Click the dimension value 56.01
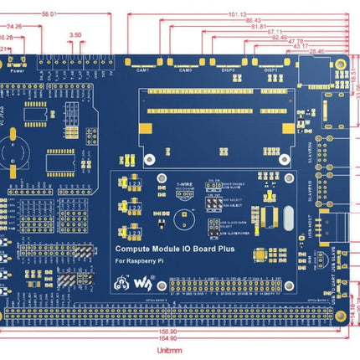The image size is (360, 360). pos(49,13)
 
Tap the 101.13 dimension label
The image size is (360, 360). pos(237,13)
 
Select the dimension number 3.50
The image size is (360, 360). pos(76,35)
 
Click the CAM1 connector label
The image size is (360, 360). pos(143,70)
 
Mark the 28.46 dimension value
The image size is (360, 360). pos(316,50)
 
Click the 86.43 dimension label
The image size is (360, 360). pos(254,20)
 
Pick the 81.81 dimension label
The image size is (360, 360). pos(260,26)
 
